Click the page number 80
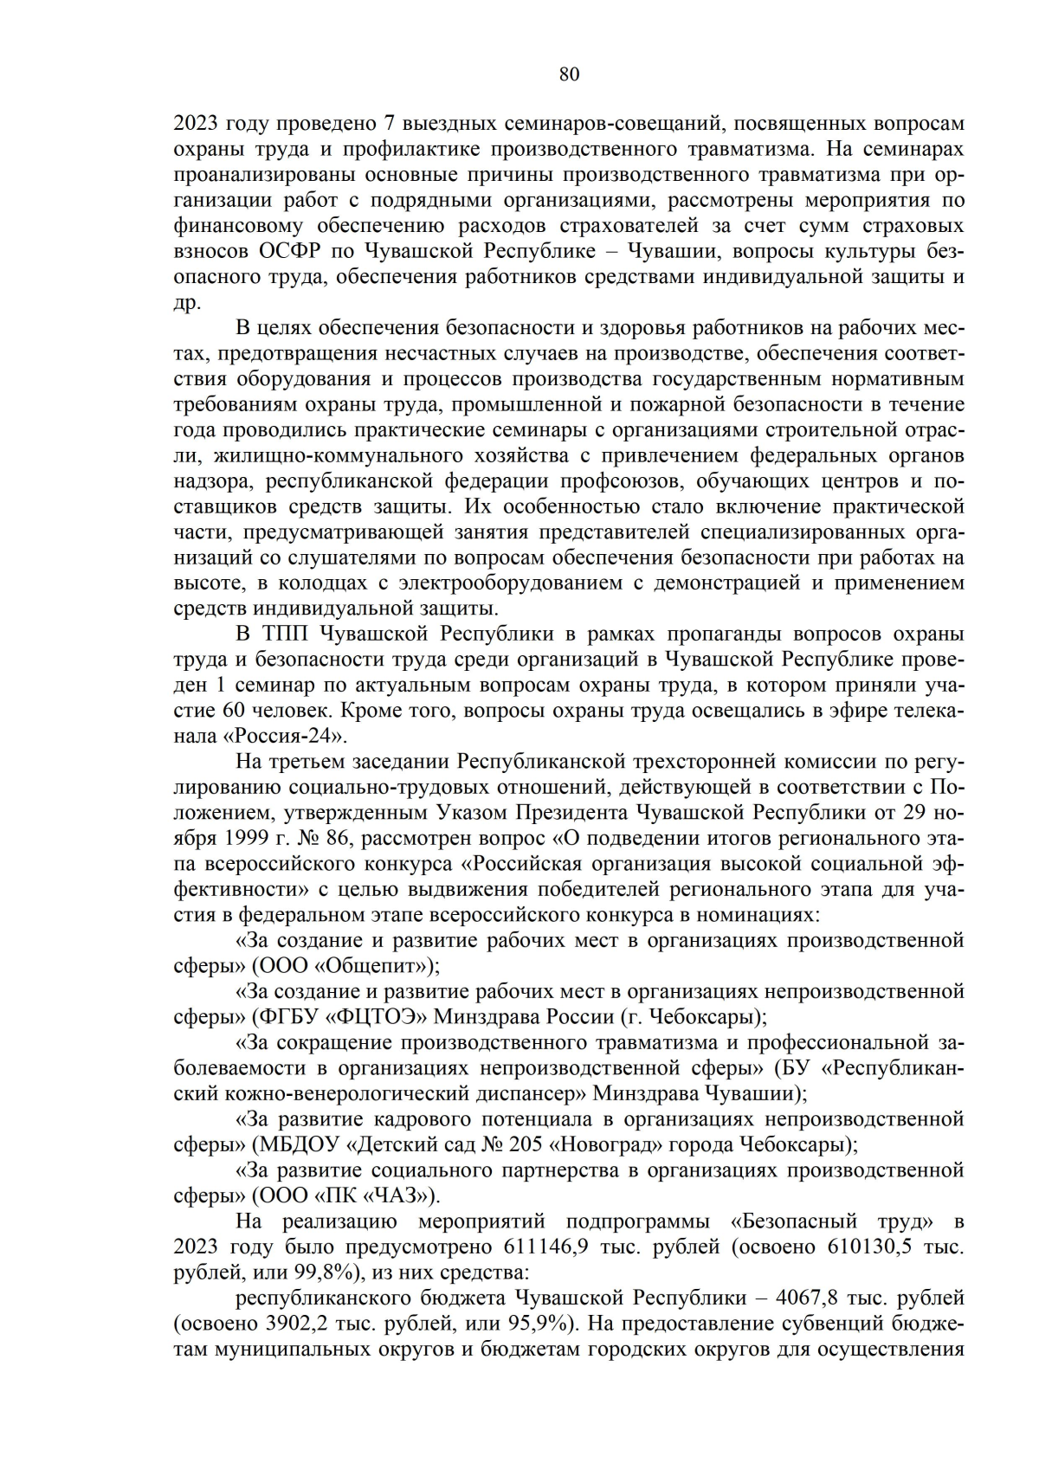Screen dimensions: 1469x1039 (569, 74)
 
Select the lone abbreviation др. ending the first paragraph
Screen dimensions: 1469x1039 (187, 304)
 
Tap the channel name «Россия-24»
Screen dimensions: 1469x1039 (284, 736)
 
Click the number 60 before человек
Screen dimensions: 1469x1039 (228, 711)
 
